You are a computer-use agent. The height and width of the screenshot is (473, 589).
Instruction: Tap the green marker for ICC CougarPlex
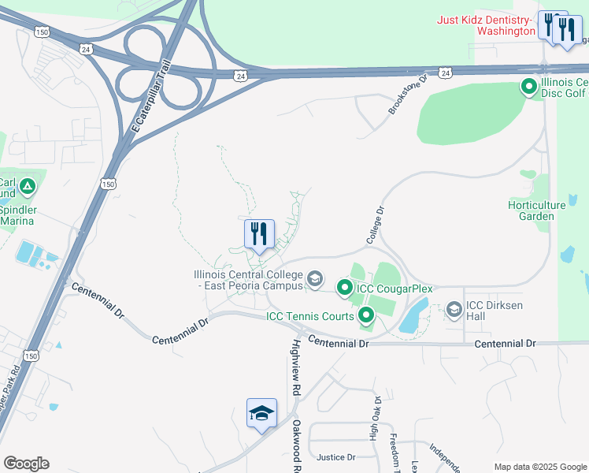pos(344,289)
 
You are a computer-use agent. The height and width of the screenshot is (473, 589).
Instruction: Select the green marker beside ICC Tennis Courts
pos(366,317)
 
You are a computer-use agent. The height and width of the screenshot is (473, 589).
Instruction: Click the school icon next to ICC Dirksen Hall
pos(454,310)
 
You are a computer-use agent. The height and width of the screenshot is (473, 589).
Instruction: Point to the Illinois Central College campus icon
pos(315,278)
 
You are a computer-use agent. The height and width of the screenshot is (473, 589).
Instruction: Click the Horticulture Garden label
pos(536,210)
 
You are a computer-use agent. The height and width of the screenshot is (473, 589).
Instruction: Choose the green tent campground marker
pos(28,187)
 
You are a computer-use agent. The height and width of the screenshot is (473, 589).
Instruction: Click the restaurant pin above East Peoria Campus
pos(259,233)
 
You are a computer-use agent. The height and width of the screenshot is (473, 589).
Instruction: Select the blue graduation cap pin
pos(261,412)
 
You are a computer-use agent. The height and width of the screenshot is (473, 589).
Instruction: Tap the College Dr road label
pos(374,225)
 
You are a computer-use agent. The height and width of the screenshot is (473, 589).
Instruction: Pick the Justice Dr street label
pos(336,457)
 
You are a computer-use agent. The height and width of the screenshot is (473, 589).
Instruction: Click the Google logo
pos(26,463)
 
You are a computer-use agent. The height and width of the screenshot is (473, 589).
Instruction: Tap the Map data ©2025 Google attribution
pos(539,467)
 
